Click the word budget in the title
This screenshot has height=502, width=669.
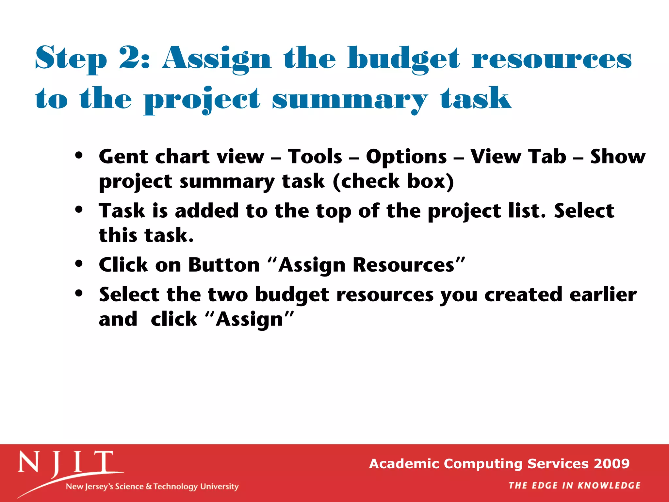pyautogui.click(x=404, y=59)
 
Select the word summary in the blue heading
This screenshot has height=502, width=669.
pyautogui.click(x=350, y=99)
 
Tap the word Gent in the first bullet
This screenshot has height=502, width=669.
pyautogui.click(x=123, y=157)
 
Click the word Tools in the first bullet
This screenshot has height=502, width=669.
pyautogui.click(x=315, y=157)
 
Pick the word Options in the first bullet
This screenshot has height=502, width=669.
pyautogui.click(x=406, y=157)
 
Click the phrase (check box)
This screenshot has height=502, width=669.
pyautogui.click(x=393, y=181)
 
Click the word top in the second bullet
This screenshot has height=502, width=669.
pyautogui.click(x=333, y=211)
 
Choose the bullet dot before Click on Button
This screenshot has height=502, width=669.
pyautogui.click(x=79, y=263)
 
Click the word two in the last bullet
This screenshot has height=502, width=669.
pyautogui.click(x=228, y=294)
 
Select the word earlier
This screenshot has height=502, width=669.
pyautogui.click(x=603, y=294)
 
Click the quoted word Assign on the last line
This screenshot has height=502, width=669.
pyautogui.click(x=250, y=319)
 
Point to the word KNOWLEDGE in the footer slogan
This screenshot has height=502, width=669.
pyautogui.click(x=609, y=486)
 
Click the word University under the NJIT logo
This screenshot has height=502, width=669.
pyautogui.click(x=219, y=487)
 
